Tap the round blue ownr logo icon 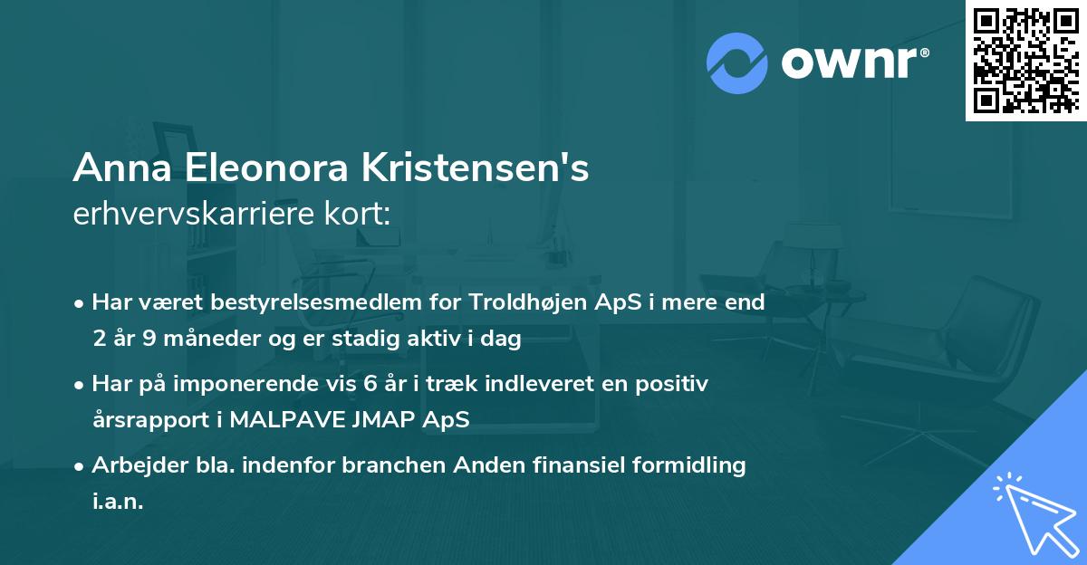point(737,64)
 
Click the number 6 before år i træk point(370,384)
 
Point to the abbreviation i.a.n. point(118,503)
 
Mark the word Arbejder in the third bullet point(132,465)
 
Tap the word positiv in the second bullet point(677,384)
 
